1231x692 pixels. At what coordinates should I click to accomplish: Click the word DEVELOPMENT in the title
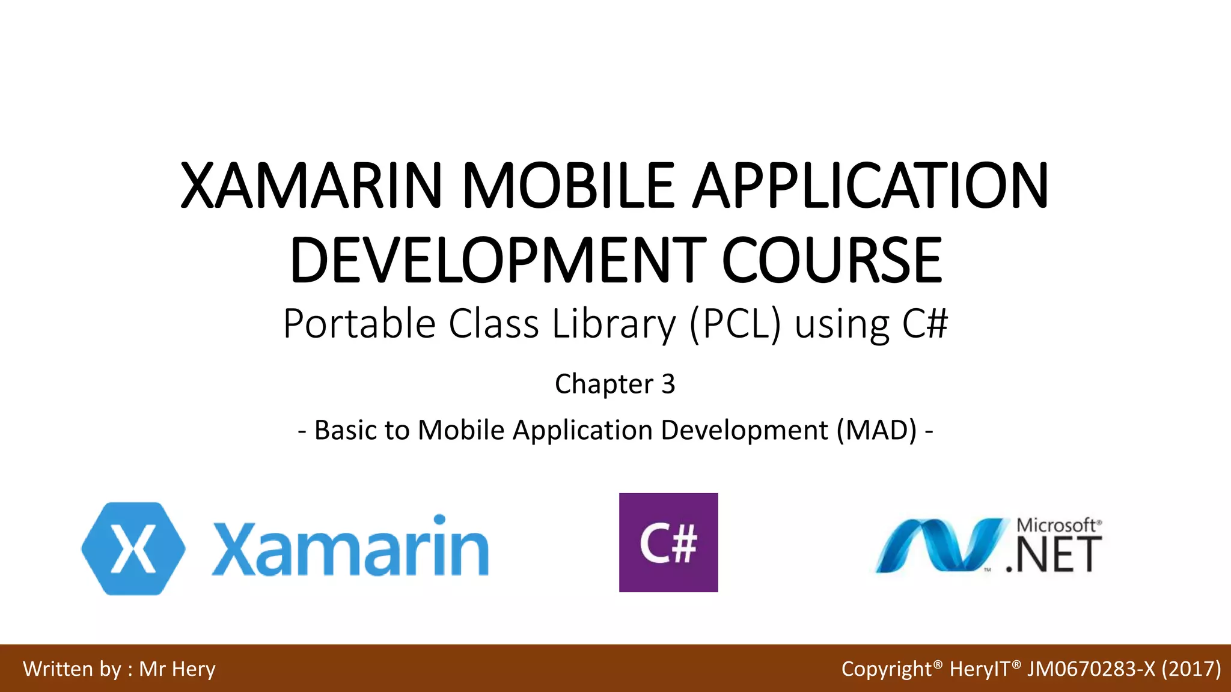tap(498, 261)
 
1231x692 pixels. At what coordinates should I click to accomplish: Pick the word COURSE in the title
tap(831, 261)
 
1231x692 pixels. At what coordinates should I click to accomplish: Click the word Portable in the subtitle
tap(359, 324)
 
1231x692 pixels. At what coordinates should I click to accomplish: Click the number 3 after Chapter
tap(668, 384)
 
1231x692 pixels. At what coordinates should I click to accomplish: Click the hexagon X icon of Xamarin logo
tap(133, 548)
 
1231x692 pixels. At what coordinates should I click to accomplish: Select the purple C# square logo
tap(668, 542)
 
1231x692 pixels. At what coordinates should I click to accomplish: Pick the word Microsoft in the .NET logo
tap(1056, 525)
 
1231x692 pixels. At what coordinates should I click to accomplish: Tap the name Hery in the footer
tap(194, 669)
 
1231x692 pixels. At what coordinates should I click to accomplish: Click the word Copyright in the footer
tap(886, 669)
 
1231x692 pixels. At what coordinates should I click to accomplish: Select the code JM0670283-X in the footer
tap(1090, 669)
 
